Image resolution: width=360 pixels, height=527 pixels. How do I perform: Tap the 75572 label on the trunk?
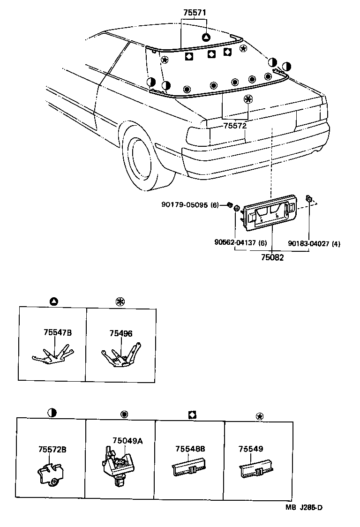[x=234, y=126]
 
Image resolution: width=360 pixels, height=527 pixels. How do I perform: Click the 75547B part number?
[x=58, y=333]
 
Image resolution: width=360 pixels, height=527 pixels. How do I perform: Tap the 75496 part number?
[x=121, y=333]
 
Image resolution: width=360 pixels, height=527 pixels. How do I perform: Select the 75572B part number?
[x=52, y=449]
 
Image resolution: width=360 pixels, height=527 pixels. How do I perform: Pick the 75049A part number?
[x=127, y=440]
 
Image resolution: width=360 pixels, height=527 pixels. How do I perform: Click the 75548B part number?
[x=190, y=449]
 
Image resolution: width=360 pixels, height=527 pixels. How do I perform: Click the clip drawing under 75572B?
[x=50, y=473]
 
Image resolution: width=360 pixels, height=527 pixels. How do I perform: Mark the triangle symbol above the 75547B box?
[x=53, y=301]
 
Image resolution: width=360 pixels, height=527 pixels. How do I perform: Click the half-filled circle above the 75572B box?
[x=52, y=413]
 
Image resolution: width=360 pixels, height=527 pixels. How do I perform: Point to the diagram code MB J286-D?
[x=305, y=507]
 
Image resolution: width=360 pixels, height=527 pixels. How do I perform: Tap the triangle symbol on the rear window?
[x=205, y=38]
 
